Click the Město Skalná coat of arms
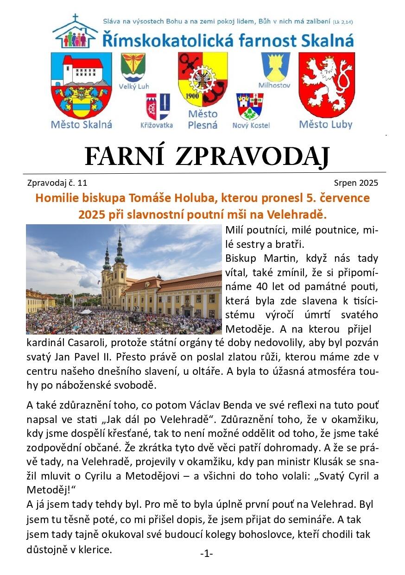82,85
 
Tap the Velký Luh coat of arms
133,68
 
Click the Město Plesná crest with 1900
202,79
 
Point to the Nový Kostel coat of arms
250,107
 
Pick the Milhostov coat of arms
275,67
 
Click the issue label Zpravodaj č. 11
57,183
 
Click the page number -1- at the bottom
206,554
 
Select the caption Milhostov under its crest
274,86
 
